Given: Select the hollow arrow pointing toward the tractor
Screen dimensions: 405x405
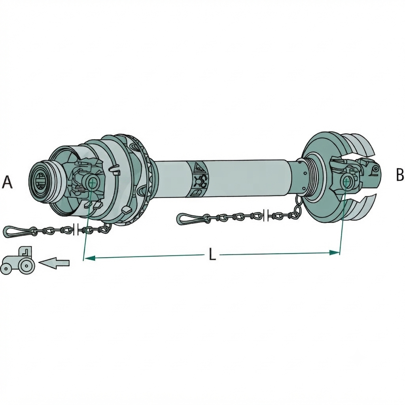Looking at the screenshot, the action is click(54, 263).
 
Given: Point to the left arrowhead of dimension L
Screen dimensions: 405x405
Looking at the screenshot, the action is click(89, 258).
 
